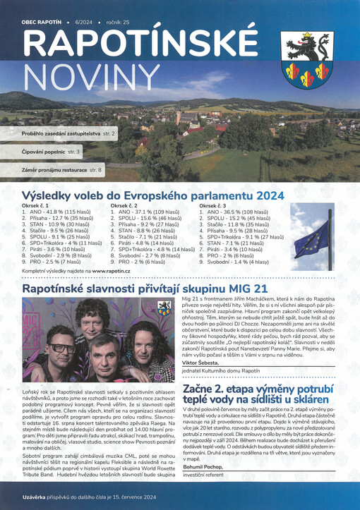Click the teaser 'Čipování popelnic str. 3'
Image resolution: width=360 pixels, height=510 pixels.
[52, 151]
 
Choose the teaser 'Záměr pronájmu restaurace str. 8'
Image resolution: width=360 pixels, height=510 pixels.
[61, 170]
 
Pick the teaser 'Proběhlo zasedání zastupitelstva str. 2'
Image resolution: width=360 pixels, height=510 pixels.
[68, 133]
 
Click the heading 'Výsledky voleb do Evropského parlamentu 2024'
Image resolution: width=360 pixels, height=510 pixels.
[152, 195]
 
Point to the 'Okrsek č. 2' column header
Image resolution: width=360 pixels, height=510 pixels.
[127, 206]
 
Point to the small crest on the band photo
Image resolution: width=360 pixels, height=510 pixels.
[164, 308]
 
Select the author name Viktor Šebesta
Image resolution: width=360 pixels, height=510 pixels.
[203, 364]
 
